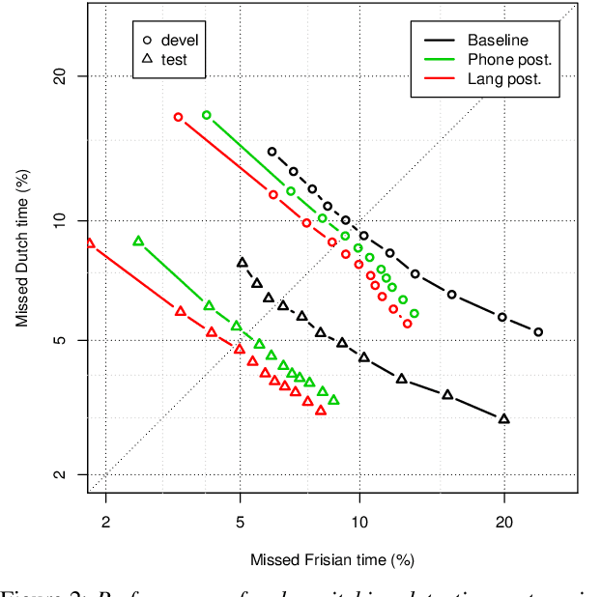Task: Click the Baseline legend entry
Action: click(x=498, y=41)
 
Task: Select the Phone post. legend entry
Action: click(x=509, y=60)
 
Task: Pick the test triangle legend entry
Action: click(x=170, y=59)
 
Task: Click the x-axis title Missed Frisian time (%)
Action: click(x=331, y=559)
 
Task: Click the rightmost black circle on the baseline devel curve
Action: click(x=538, y=332)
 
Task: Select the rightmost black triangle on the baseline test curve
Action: click(x=503, y=418)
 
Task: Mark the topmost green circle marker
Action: click(x=206, y=115)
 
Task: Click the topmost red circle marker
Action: click(x=178, y=117)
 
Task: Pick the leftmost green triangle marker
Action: click(x=138, y=242)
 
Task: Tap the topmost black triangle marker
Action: click(x=242, y=263)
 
